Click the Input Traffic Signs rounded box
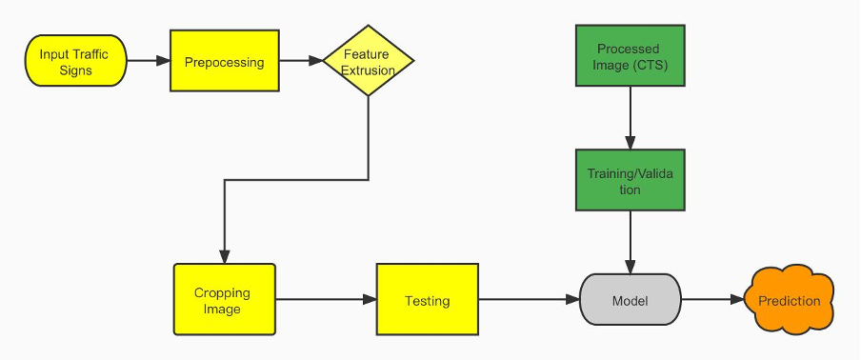click(x=74, y=62)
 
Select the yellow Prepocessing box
click(x=224, y=61)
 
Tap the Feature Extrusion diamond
click(x=368, y=62)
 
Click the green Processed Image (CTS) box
click(x=629, y=56)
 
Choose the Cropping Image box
click(x=224, y=300)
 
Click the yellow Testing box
click(x=428, y=300)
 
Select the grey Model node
click(x=631, y=301)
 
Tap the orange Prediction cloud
click(x=790, y=301)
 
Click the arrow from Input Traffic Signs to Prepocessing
click(x=149, y=62)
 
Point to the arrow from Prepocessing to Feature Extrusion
click(x=299, y=62)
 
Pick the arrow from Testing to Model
click(x=529, y=301)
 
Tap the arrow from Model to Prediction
click(x=712, y=301)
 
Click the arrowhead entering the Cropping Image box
click(x=224, y=257)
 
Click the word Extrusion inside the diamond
click(x=368, y=70)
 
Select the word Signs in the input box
click(x=74, y=70)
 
